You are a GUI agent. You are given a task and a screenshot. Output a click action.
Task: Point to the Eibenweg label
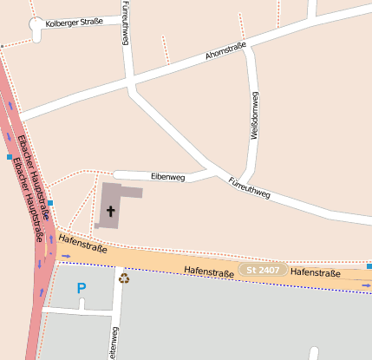click(168, 177)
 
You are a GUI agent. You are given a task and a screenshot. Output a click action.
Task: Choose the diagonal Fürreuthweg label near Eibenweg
click(250, 188)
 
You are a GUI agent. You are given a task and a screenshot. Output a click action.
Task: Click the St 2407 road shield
click(263, 271)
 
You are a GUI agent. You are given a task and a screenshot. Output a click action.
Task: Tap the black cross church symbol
click(111, 210)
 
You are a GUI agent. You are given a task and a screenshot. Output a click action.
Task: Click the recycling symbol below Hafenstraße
click(124, 278)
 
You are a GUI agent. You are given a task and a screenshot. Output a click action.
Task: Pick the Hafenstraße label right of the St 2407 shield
click(315, 273)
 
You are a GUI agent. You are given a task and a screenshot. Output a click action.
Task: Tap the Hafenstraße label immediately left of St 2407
click(209, 272)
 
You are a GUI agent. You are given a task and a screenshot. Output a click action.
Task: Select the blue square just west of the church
click(50, 203)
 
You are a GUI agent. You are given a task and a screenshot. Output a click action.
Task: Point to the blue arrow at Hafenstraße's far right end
click(366, 285)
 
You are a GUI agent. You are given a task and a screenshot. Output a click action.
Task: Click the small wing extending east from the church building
click(132, 192)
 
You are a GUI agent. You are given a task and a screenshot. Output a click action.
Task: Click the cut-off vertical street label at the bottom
click(114, 344)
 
